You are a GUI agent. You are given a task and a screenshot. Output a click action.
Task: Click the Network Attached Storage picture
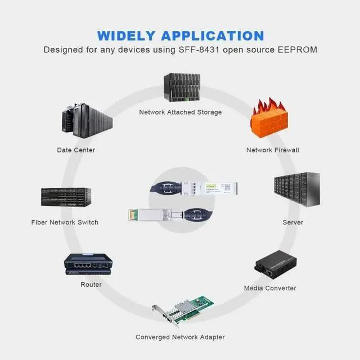[x=182, y=87]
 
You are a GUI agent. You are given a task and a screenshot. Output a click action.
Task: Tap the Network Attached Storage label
[x=181, y=112]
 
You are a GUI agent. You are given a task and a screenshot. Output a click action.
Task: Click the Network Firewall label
[x=273, y=150]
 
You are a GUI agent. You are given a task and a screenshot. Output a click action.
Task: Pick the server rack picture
[x=297, y=190]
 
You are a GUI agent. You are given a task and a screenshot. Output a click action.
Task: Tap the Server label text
[x=292, y=222]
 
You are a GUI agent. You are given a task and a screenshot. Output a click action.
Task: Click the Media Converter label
[x=270, y=288]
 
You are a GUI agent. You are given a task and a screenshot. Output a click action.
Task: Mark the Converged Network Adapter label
[x=180, y=337]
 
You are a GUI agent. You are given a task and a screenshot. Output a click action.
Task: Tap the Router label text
[x=91, y=285]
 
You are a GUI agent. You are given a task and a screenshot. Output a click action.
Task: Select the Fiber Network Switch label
[x=65, y=222]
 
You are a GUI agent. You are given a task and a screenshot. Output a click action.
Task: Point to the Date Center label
[x=76, y=150]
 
